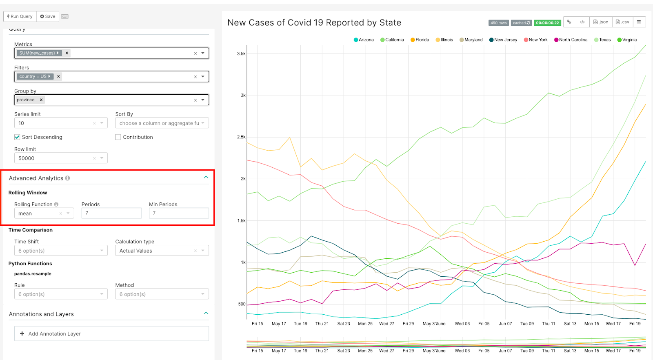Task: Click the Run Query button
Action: pos(20,16)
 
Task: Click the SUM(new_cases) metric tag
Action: pos(38,53)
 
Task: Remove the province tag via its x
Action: pos(41,100)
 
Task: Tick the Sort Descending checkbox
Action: pos(17,137)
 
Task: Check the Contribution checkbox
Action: pos(118,137)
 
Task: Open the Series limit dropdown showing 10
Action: pos(60,123)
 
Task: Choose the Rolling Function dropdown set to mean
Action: pos(44,213)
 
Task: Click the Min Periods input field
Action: pos(178,213)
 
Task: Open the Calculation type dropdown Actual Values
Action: pos(162,251)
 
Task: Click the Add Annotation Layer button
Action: pos(111,333)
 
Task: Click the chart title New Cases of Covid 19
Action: pos(314,23)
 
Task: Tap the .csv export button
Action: pos(622,22)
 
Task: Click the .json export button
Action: pos(601,22)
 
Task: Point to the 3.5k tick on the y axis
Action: pos(241,53)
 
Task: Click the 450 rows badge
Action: pos(498,23)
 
